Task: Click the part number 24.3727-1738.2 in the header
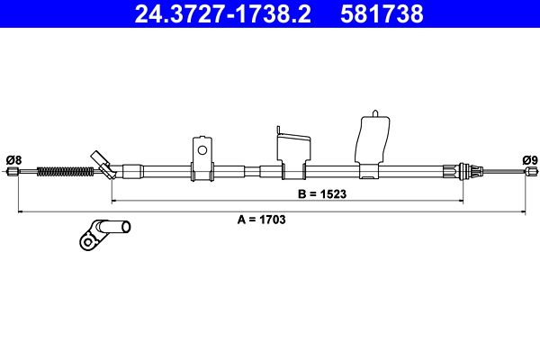click(x=223, y=13)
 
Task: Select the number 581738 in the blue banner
click(x=382, y=13)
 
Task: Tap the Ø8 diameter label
click(x=13, y=160)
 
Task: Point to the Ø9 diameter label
click(x=530, y=160)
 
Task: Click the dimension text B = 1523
click(x=322, y=194)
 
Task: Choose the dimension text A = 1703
click(x=261, y=220)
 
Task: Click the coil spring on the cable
click(x=65, y=171)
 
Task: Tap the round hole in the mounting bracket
click(x=202, y=150)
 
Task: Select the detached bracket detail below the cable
click(x=104, y=235)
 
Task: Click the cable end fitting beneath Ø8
click(x=13, y=171)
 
